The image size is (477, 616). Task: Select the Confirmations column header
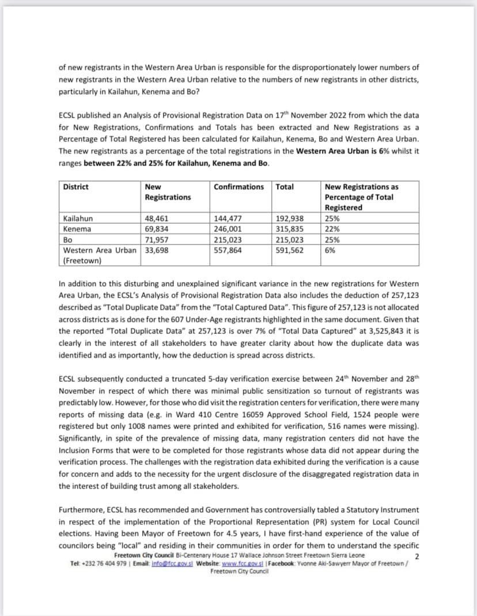pyautogui.click(x=238, y=187)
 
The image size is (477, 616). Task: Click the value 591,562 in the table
pyautogui.click(x=289, y=250)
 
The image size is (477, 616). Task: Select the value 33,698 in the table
pyautogui.click(x=157, y=250)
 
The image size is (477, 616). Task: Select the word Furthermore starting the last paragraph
pyautogui.click(x=82, y=510)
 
